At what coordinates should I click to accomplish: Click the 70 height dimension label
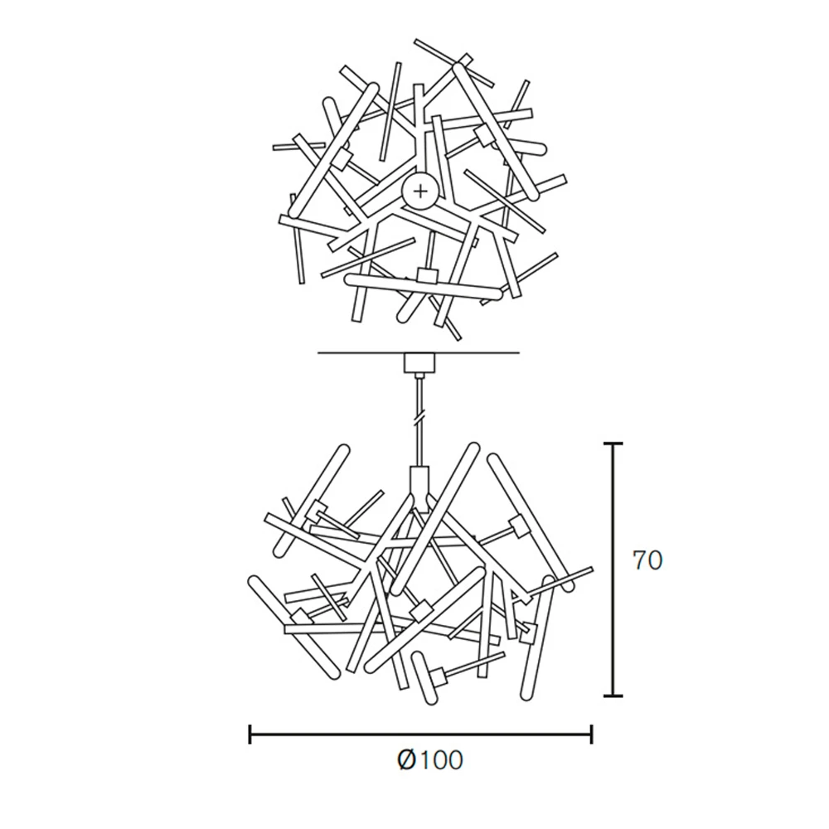point(647,561)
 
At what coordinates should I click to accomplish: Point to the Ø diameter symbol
point(408,760)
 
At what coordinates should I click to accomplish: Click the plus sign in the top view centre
point(421,191)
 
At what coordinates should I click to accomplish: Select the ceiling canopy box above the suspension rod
point(419,363)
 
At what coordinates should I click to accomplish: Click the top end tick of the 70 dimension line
point(613,444)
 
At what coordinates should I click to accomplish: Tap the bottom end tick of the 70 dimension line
point(613,696)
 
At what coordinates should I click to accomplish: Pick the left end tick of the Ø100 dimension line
point(250,734)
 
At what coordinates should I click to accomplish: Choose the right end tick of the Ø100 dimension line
point(592,734)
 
